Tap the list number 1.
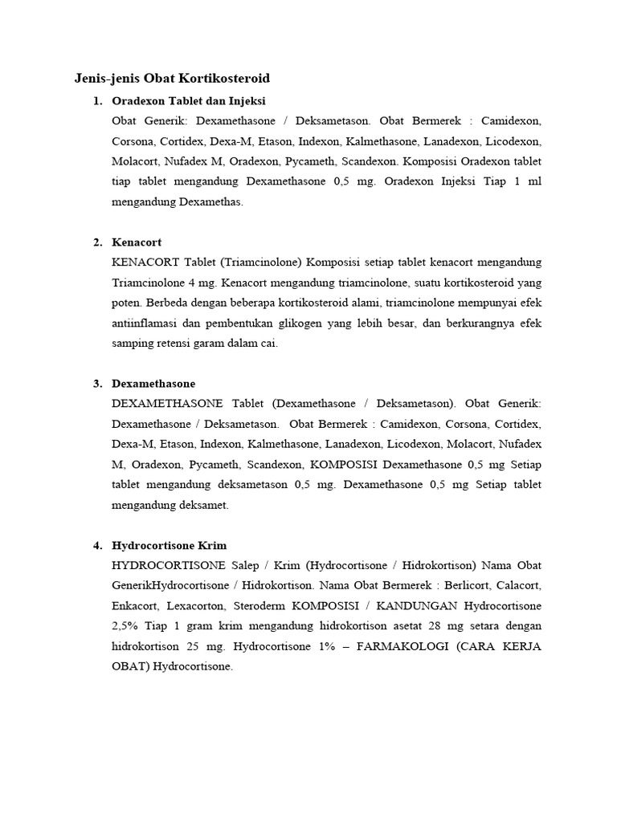pos(97,101)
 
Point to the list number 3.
pos(97,384)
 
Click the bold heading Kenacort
pos(137,242)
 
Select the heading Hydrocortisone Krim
pos(169,546)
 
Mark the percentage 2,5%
pos(126,626)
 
